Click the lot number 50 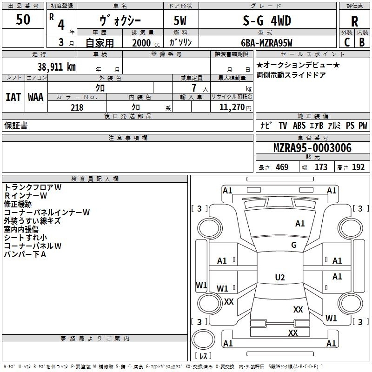[x=23, y=20]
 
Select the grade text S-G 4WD [x=267, y=20]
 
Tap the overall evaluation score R [x=354, y=21]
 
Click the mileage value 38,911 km [x=56, y=67]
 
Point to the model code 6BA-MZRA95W [x=266, y=43]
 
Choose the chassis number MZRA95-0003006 [x=312, y=148]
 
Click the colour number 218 [x=77, y=107]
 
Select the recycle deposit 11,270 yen [x=235, y=107]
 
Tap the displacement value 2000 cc [x=146, y=43]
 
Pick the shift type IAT [x=13, y=97]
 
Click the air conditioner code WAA [x=36, y=97]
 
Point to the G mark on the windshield [x=294, y=245]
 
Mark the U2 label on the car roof [x=280, y=277]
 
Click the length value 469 [x=282, y=167]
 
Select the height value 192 [x=358, y=167]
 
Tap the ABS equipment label [x=299, y=125]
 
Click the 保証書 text [x=16, y=125]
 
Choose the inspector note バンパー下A [x=25, y=254]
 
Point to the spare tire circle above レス [x=203, y=339]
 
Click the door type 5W [x=180, y=20]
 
